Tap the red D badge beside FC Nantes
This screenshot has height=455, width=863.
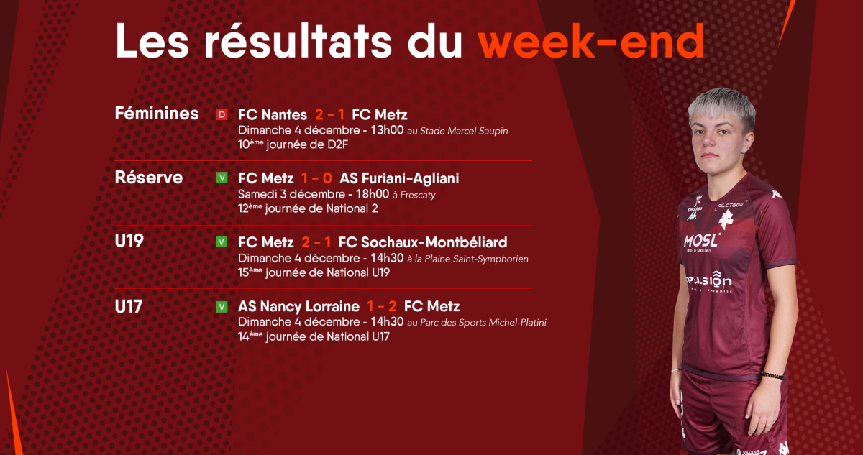[x=222, y=114]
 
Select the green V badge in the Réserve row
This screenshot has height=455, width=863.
[x=222, y=178]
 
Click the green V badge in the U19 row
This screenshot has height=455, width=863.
[x=222, y=242]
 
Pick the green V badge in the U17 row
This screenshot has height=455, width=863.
[x=222, y=307]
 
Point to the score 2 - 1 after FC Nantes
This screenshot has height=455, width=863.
[x=329, y=114]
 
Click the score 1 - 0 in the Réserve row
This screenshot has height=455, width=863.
[x=316, y=178]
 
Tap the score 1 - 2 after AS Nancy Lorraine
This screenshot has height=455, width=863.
[x=381, y=306]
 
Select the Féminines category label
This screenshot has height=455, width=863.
[x=157, y=113]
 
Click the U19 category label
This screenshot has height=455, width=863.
[x=129, y=241]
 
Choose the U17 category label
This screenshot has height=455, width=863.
[x=129, y=307]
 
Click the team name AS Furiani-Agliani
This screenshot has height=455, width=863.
[x=399, y=178]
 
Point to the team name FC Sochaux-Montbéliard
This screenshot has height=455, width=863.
[x=423, y=242]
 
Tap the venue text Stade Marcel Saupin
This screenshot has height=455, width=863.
[x=464, y=131]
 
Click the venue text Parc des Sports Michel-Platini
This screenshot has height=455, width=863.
[x=483, y=322]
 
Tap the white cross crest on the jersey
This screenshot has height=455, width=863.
[x=726, y=219]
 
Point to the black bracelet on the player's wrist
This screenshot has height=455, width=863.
[x=772, y=376]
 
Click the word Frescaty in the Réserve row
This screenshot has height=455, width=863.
[x=418, y=196]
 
